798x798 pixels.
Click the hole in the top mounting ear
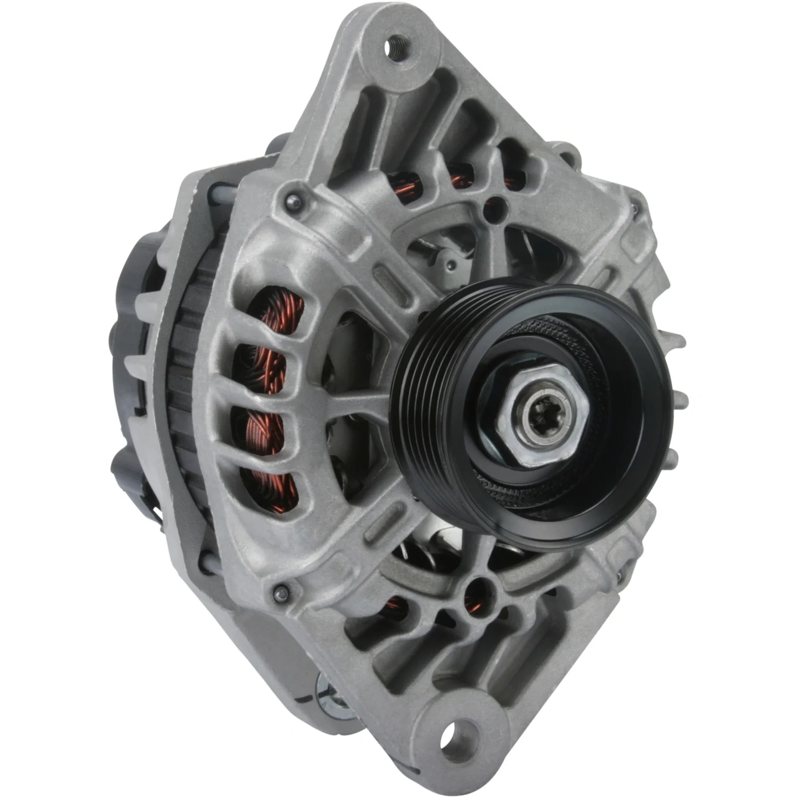(395, 47)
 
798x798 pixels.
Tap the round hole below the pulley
(479, 585)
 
